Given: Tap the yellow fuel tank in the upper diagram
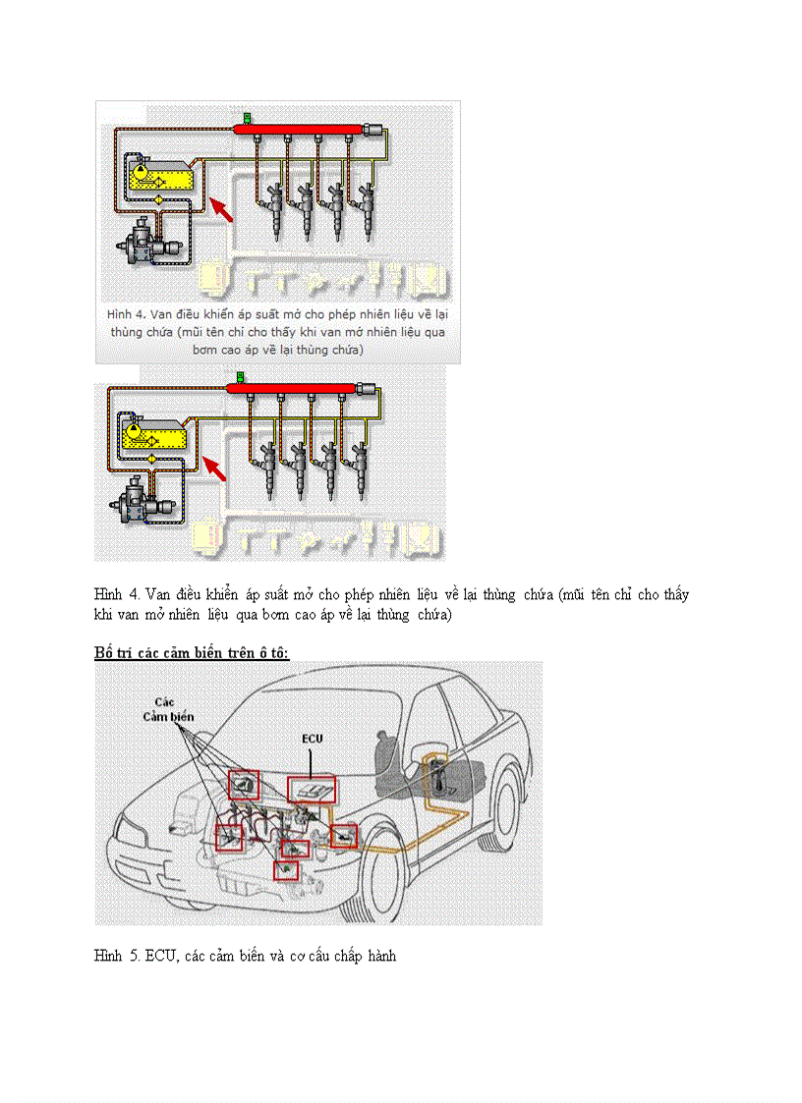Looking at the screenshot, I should click(x=162, y=177).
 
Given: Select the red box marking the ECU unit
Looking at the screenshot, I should click(x=312, y=790).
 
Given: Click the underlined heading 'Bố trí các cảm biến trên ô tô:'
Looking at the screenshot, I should click(x=192, y=651).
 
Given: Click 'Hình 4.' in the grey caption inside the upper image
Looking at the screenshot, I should click(x=126, y=314).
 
